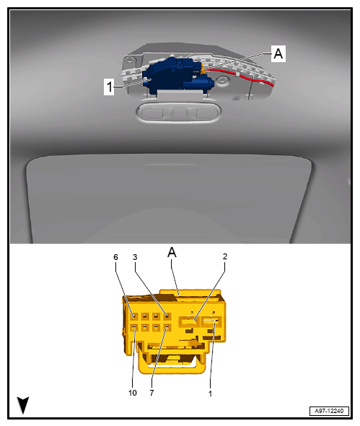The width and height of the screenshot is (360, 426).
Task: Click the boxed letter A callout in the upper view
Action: (278, 53)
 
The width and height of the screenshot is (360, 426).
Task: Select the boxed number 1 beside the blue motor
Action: (109, 87)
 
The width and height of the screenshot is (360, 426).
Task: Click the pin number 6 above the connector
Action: (115, 257)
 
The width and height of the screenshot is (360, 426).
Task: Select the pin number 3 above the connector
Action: (135, 257)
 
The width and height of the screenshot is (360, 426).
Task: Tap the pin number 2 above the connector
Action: (225, 256)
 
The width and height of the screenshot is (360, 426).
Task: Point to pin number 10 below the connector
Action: (133, 393)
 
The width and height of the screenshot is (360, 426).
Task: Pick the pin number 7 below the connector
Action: (152, 393)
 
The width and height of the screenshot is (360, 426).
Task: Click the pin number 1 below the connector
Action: (210, 394)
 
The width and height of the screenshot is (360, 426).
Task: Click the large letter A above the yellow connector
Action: (172, 253)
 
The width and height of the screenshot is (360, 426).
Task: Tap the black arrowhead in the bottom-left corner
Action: (23, 405)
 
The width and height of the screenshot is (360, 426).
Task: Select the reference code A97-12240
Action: (329, 411)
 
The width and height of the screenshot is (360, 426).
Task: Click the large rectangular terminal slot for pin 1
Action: (211, 322)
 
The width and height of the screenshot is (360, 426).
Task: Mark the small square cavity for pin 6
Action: (134, 316)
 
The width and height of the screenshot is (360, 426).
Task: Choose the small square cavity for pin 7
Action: (167, 328)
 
